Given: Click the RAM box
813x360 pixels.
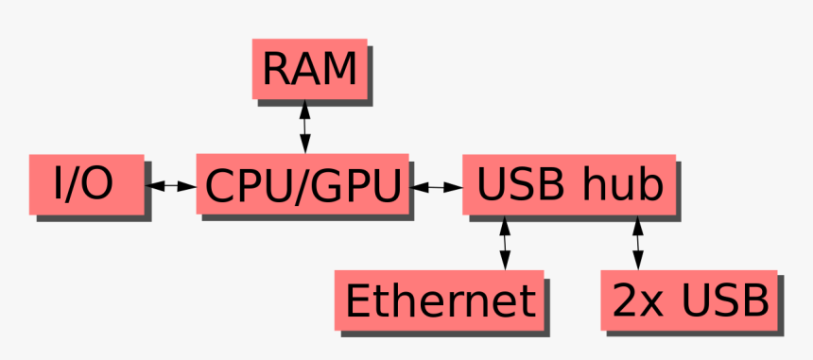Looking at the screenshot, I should (x=308, y=69).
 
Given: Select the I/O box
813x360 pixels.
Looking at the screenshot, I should (x=86, y=184).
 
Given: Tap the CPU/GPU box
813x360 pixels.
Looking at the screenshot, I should (x=303, y=184).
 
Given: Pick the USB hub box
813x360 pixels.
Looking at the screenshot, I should (x=568, y=184).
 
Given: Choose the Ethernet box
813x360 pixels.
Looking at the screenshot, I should (x=440, y=300).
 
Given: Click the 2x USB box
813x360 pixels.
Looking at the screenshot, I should (x=689, y=300).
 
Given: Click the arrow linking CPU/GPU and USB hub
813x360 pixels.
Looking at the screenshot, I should (x=436, y=187).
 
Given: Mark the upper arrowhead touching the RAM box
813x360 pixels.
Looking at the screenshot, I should (x=304, y=106).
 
